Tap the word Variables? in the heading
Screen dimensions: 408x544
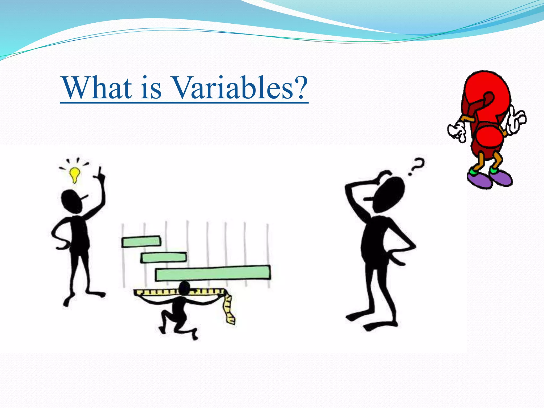point(240,88)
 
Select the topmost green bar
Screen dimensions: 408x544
point(141,242)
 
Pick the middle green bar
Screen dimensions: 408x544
point(163,257)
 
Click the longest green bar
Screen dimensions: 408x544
point(213,273)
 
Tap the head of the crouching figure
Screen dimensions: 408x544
point(184,288)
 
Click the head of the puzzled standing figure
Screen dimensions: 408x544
point(388,195)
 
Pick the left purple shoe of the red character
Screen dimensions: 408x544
point(480,180)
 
